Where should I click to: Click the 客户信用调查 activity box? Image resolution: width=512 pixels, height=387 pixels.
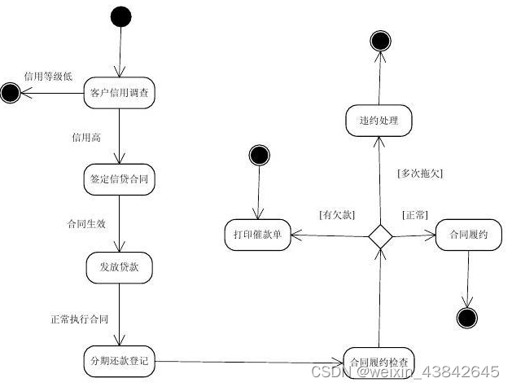coord(120,93)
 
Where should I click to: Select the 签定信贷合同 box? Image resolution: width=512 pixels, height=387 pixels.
coord(120,177)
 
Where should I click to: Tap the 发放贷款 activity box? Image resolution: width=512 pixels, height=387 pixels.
coord(120,266)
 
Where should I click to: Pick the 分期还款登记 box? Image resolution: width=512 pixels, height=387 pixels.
coord(120,358)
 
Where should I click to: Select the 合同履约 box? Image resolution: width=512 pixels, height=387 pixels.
coord(468,235)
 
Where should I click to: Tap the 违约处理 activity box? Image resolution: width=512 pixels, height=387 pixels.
coord(379,121)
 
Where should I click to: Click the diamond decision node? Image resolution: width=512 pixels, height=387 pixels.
coord(379,236)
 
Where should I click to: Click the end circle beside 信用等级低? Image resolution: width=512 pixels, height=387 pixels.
coord(11,93)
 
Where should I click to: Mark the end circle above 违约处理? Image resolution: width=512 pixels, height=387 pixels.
coord(379,39)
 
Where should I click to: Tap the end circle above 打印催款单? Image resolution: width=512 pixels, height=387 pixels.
coord(259,155)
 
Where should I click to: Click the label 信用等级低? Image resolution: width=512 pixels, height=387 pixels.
coord(48,77)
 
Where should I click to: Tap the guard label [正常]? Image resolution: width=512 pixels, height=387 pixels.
coord(415,215)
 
